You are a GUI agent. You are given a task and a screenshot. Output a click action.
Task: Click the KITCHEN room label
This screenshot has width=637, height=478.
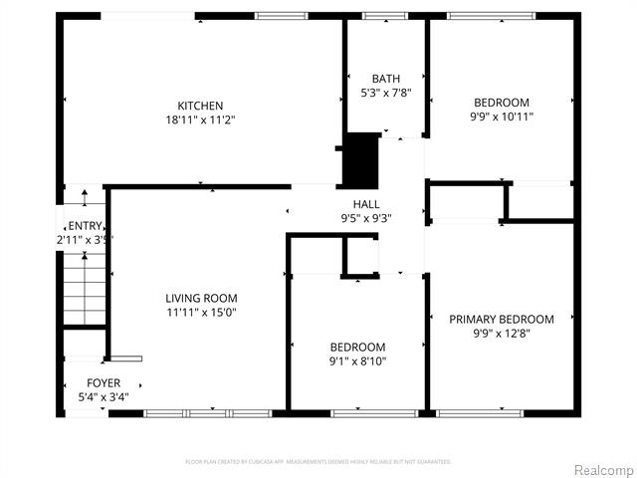click(200, 106)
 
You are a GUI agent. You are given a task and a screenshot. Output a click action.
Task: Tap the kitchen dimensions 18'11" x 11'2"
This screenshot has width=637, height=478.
click(200, 119)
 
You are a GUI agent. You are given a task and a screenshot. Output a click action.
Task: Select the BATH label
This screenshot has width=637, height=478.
click(385, 79)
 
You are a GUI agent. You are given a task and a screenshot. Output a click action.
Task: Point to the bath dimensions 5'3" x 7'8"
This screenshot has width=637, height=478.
click(385, 93)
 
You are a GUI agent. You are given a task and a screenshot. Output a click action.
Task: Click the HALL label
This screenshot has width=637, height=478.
click(366, 204)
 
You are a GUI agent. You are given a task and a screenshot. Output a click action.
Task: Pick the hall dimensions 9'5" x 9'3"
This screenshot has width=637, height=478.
click(366, 218)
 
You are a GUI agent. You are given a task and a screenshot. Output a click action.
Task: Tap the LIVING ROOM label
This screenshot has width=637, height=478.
click(201, 298)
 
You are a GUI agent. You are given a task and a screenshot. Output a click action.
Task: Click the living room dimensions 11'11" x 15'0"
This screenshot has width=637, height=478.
click(201, 312)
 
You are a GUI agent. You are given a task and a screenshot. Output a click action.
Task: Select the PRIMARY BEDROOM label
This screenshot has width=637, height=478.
click(502, 319)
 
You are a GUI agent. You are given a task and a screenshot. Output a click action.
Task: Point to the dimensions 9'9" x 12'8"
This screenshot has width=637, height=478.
click(502, 333)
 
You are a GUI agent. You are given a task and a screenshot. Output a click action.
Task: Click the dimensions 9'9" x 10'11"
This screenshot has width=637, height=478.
click(502, 117)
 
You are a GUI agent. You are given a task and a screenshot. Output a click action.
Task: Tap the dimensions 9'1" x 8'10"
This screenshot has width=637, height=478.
click(357, 361)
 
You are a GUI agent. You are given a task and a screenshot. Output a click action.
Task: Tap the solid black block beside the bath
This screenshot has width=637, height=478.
click(361, 159)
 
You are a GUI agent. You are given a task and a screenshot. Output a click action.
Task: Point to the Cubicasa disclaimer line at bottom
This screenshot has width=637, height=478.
click(318, 462)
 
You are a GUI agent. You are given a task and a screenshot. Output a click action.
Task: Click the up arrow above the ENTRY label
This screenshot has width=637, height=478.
click(84, 197)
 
